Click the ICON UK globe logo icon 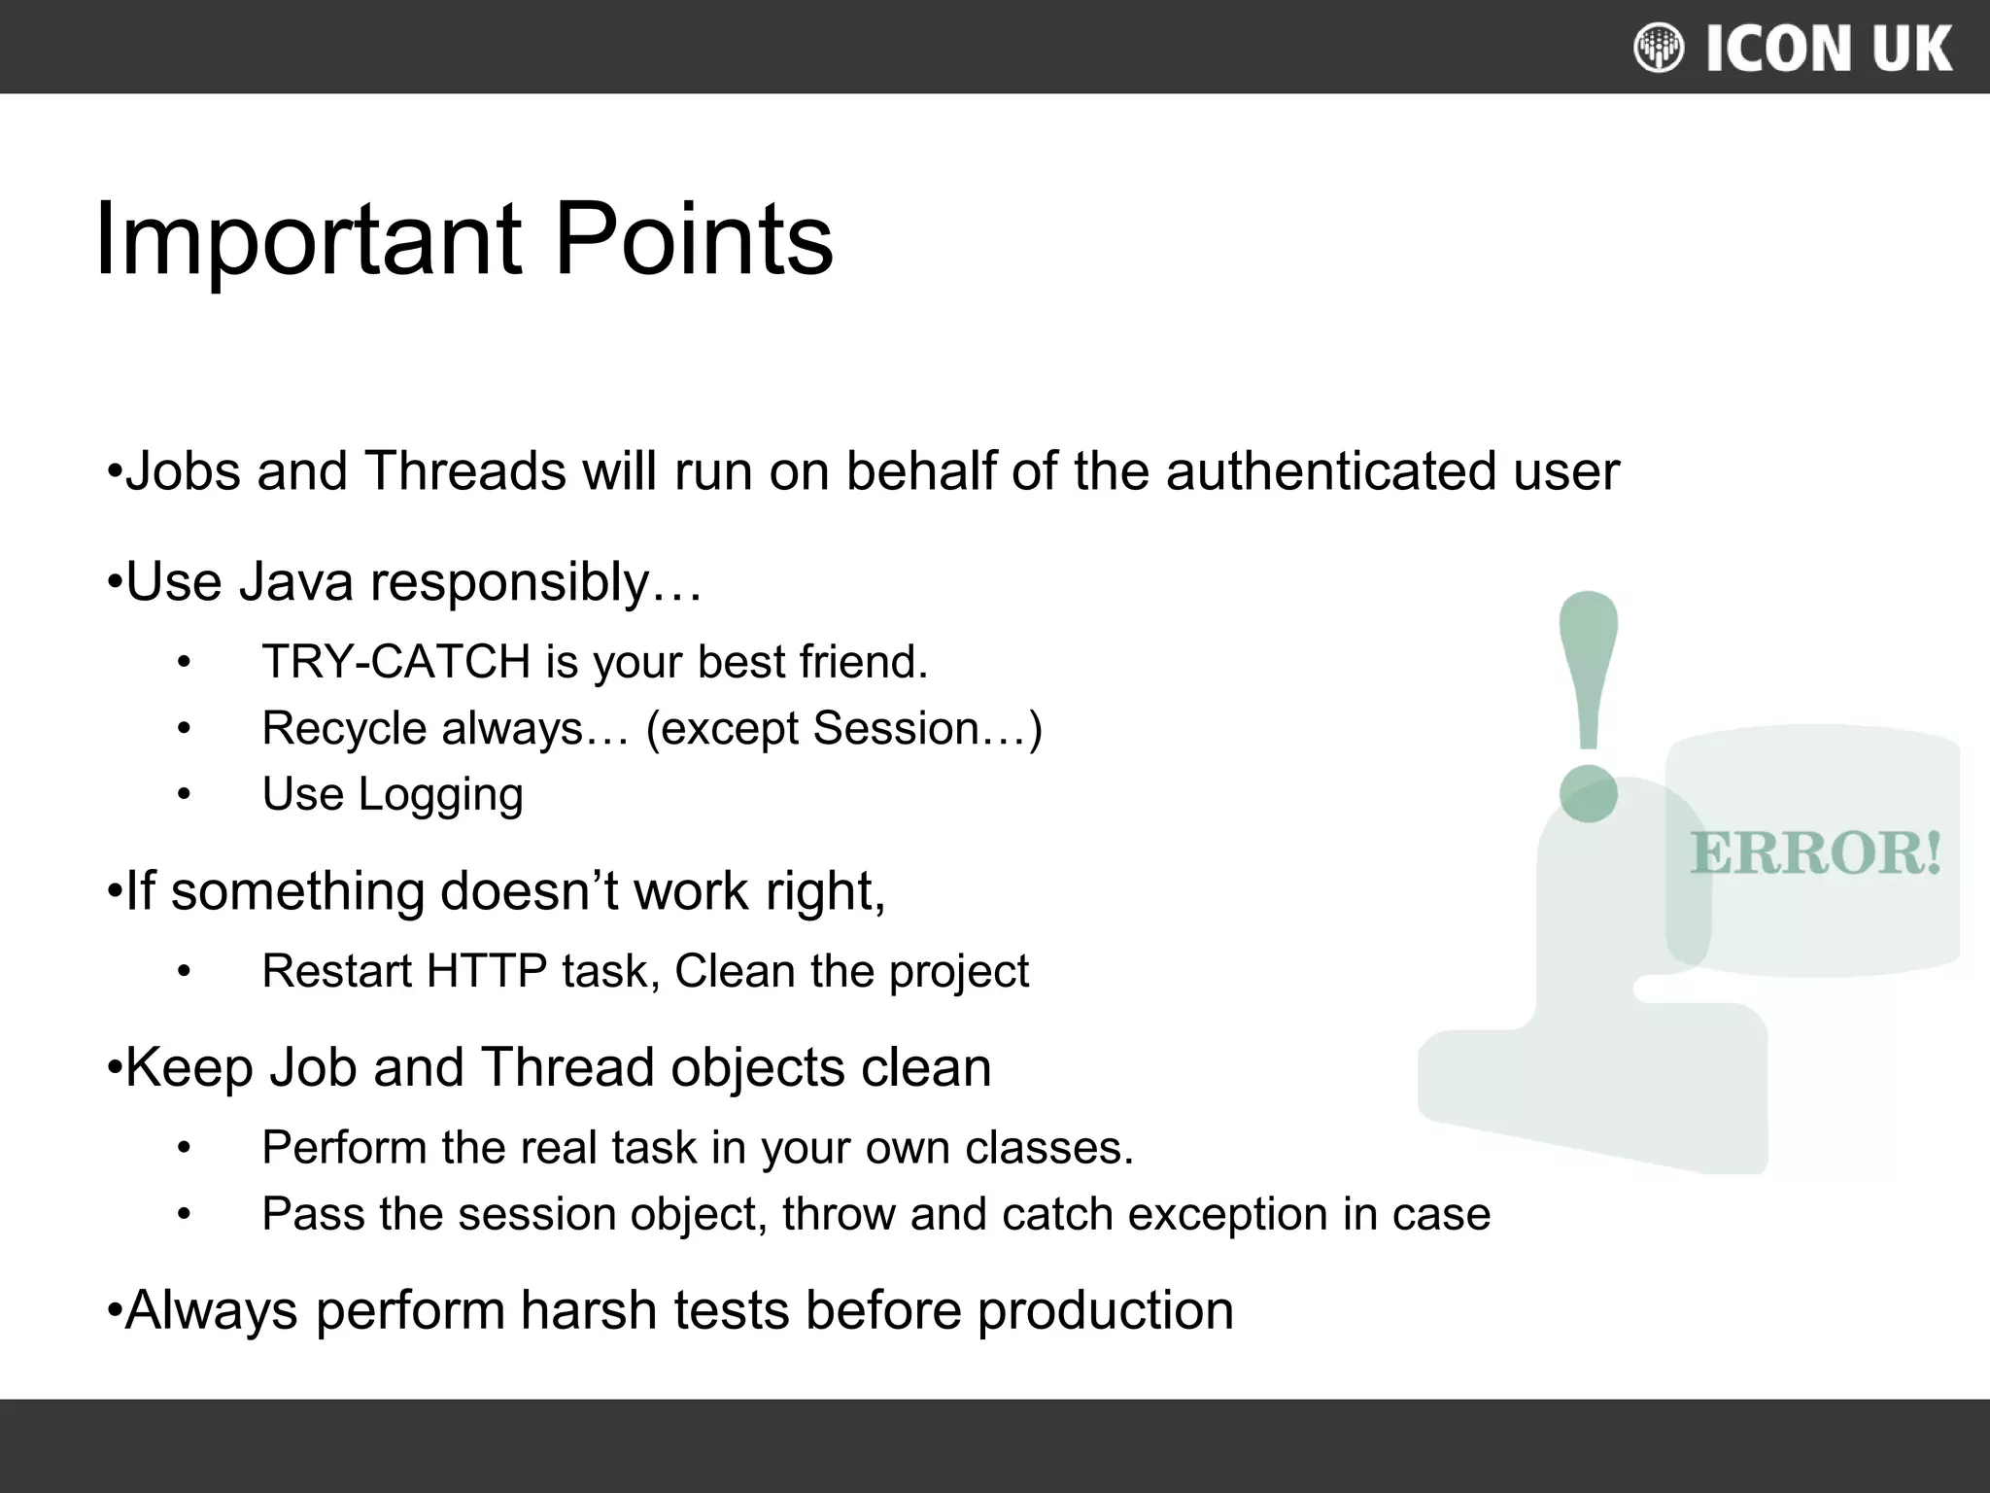[x=1659, y=48]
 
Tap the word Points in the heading [x=693, y=238]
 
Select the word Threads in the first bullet [x=464, y=471]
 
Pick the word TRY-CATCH [x=395, y=662]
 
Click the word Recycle [x=344, y=729]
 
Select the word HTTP [x=486, y=971]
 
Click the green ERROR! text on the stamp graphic [x=1815, y=853]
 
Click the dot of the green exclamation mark [x=1588, y=793]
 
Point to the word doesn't [x=529, y=891]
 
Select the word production [x=1105, y=1310]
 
